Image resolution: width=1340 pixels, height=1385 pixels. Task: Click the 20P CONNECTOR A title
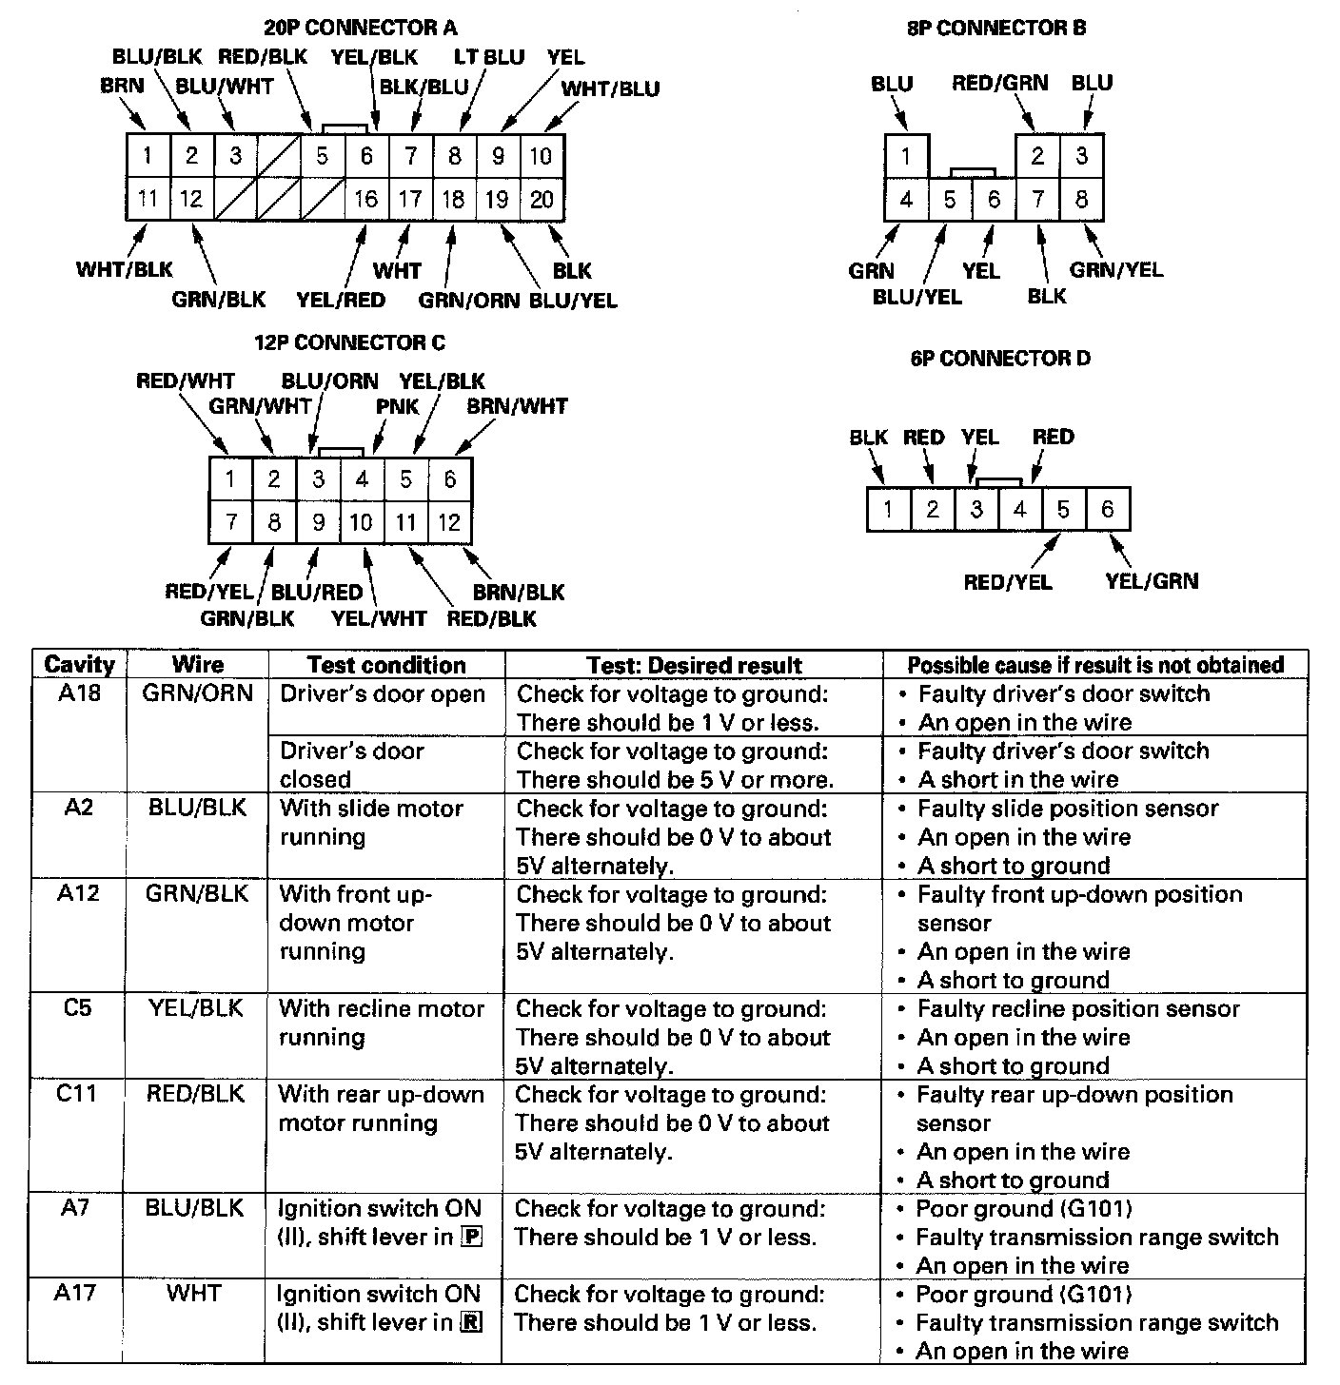tap(361, 28)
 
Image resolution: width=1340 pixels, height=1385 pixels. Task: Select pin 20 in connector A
tap(542, 199)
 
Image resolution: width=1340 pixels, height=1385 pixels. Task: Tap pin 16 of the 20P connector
tap(366, 199)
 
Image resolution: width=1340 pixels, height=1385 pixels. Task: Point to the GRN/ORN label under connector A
tap(468, 301)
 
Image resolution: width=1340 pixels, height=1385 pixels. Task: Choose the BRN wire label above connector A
tap(122, 86)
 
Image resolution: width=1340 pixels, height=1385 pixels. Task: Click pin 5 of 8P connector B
tap(950, 200)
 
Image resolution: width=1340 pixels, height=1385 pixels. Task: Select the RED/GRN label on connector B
tap(999, 83)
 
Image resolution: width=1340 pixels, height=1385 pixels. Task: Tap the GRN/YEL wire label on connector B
tap(1115, 270)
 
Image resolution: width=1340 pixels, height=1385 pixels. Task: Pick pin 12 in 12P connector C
tap(449, 522)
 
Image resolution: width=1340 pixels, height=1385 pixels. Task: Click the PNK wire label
tap(397, 406)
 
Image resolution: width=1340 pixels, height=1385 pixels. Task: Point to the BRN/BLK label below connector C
tap(519, 592)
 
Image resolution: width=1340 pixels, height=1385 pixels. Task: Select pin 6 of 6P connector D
tap(1107, 510)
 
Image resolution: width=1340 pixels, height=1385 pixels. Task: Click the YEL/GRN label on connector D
tap(1152, 580)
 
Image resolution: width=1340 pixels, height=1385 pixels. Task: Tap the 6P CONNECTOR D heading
tap(999, 359)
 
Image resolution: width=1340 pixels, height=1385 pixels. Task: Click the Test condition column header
tap(386, 665)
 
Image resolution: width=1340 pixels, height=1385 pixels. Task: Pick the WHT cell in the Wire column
tap(194, 1293)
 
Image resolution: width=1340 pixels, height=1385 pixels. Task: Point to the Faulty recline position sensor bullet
tap(1077, 1008)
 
